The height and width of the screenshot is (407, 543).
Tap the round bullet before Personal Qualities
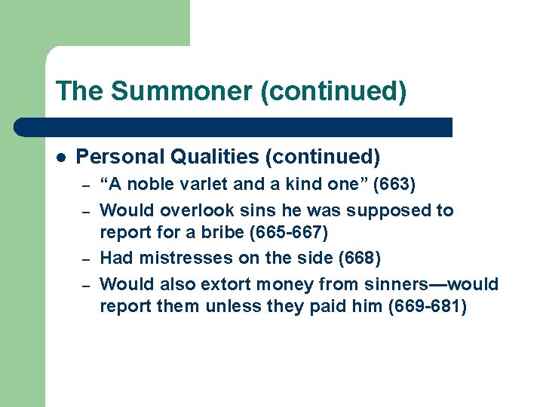pos(61,157)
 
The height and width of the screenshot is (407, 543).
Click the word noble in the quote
pos(143,185)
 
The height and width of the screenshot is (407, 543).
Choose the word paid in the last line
pos(324,308)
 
